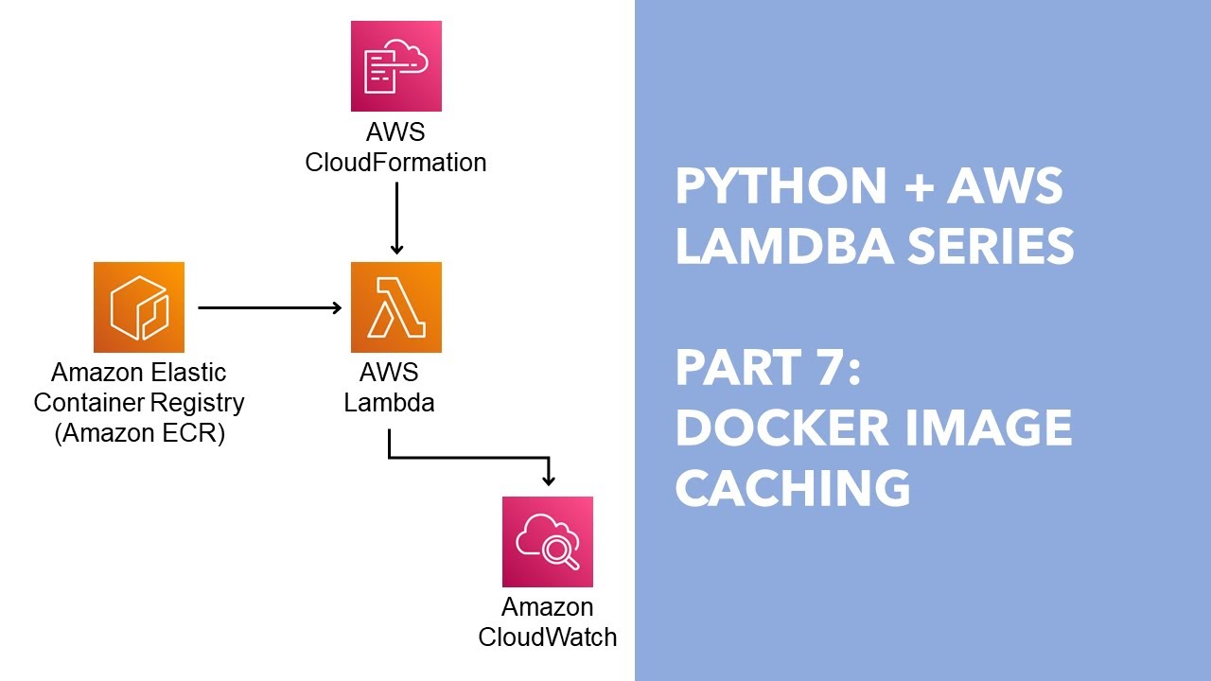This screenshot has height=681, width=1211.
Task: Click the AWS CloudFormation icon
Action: tap(395, 67)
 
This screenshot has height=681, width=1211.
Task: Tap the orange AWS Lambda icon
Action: tap(395, 307)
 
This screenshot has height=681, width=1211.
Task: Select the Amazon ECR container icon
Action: tap(138, 307)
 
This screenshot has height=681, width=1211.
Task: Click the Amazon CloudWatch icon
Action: tap(547, 541)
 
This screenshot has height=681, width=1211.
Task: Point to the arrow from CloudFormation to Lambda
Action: tap(396, 218)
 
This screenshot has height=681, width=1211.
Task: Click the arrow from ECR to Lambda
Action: tap(269, 307)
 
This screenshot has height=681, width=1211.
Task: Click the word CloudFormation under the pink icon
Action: tap(395, 163)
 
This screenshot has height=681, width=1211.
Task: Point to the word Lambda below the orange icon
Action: tap(389, 403)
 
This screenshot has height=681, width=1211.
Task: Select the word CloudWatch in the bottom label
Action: tap(547, 637)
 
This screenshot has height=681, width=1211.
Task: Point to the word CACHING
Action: tap(793, 489)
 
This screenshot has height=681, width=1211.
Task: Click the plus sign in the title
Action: tap(917, 187)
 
